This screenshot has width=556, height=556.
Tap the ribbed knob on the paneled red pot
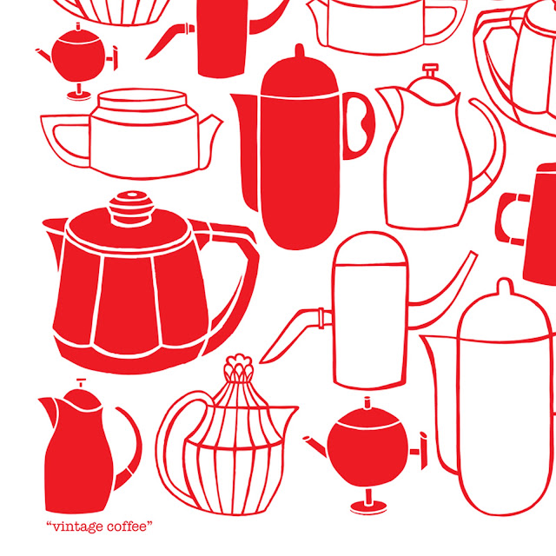[131, 208]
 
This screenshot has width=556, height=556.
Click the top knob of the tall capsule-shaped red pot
[300, 50]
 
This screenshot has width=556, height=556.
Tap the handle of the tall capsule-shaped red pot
[358, 126]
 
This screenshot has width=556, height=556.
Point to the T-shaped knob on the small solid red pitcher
[81, 383]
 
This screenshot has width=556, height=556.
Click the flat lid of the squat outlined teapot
[142, 99]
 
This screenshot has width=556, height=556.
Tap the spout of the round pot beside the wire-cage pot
[315, 445]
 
